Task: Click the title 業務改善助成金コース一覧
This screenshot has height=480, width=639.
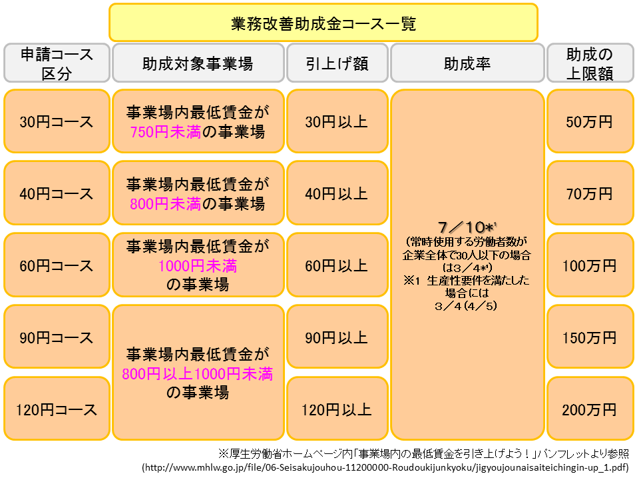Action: pos(323,24)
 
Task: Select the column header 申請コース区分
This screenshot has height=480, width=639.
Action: pos(57,64)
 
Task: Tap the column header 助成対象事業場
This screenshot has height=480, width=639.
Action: pos(198,64)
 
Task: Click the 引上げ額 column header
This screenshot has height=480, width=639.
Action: pos(337,64)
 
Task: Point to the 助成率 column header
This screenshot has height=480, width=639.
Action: pos(467,64)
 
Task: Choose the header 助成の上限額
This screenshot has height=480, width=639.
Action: pos(590,64)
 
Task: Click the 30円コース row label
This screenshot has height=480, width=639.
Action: pos(57,121)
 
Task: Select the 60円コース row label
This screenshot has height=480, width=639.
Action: pos(57,266)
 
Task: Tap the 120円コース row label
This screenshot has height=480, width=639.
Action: pos(57,409)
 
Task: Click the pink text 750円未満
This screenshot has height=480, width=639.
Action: pos(166,132)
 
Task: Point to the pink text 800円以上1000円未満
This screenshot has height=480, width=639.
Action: pos(197,373)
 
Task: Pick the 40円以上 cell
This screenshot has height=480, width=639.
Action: pos(337,193)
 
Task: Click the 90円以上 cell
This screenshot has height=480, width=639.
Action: pos(337,337)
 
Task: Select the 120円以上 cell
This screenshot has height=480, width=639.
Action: pos(337,409)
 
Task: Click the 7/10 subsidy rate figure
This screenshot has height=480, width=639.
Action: pos(465,227)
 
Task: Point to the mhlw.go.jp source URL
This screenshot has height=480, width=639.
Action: pos(385,467)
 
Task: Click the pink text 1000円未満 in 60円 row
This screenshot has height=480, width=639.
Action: pos(198,266)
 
